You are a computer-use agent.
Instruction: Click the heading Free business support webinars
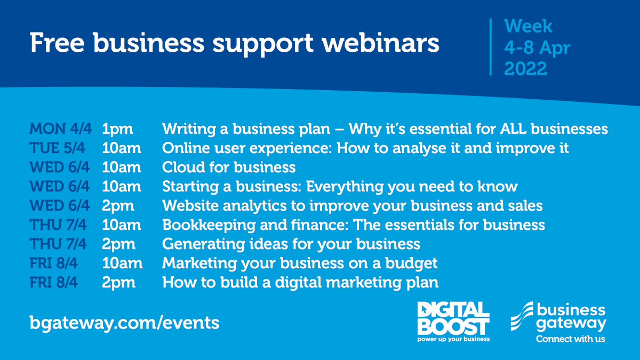(235, 43)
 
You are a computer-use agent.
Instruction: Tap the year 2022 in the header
(525, 69)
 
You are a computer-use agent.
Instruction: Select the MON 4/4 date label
(60, 129)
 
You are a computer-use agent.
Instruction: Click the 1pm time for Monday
(117, 129)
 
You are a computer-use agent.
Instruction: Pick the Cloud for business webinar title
(229, 167)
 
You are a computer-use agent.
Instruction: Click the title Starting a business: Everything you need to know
(340, 187)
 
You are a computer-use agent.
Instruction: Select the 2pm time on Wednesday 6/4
(118, 206)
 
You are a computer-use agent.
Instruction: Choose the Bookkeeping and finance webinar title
(354, 225)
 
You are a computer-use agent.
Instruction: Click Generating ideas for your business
(291, 244)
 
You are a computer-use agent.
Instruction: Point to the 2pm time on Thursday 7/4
(118, 244)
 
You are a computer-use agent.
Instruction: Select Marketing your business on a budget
(300, 263)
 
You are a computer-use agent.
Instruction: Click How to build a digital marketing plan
(300, 283)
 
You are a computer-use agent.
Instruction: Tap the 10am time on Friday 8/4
(122, 263)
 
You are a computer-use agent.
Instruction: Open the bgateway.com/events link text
(124, 323)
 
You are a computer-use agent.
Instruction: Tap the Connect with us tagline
(570, 339)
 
